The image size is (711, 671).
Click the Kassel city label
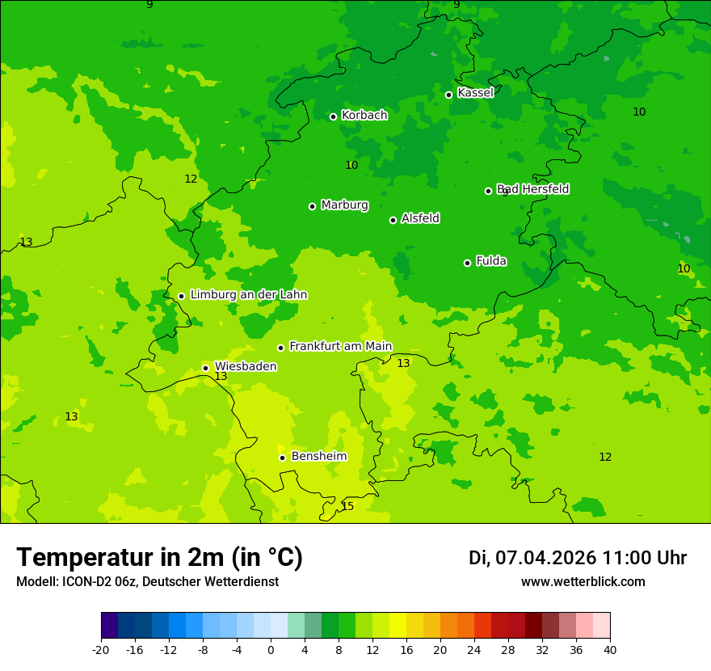coord(475,93)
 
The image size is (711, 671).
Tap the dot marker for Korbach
coord(333,116)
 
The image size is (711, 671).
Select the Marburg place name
coord(344,205)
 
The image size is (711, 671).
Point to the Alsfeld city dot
coord(393,220)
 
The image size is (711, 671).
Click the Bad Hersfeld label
coord(533,189)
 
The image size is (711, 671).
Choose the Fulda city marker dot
coord(467,263)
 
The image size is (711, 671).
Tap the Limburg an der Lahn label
coord(248,295)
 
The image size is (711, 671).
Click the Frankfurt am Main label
coord(340,347)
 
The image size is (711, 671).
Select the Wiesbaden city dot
coord(205,368)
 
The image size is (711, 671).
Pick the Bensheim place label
coord(318,457)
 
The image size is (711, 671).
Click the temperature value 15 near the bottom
coord(347,507)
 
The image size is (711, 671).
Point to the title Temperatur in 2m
coord(159,558)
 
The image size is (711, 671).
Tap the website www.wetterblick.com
coord(583,582)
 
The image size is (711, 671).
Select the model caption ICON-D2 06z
coord(147,582)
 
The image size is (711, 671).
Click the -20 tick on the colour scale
coord(101,650)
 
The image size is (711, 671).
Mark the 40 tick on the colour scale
coord(610,650)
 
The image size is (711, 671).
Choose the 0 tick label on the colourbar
coord(271,650)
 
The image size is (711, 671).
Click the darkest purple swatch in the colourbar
coord(109,626)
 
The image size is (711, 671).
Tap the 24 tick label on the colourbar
coord(474,650)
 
